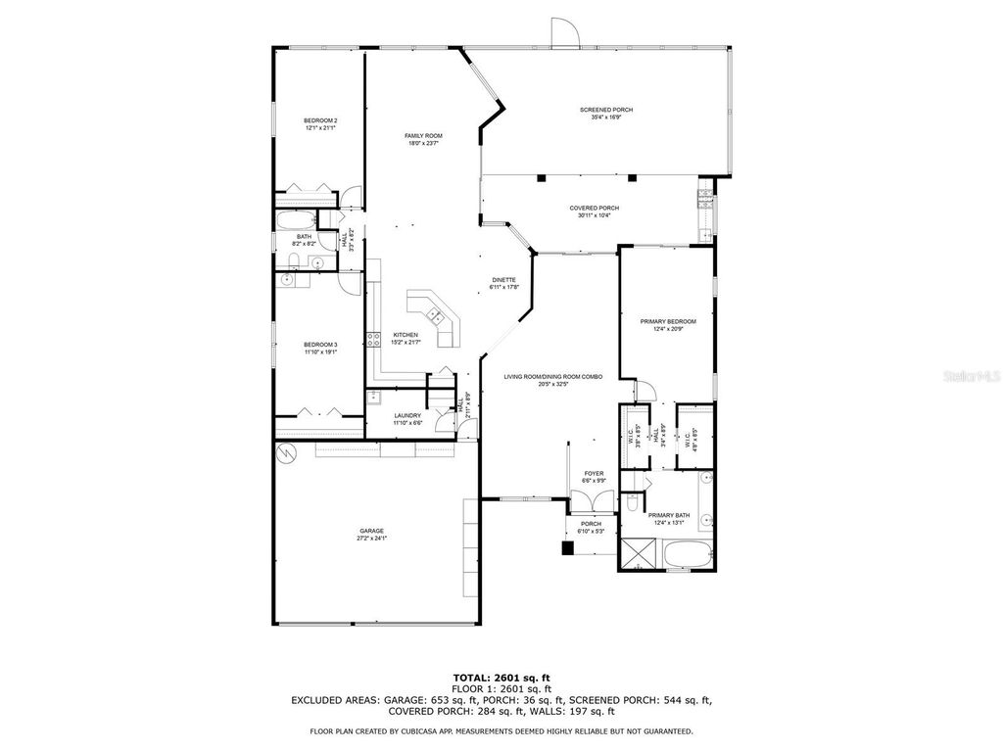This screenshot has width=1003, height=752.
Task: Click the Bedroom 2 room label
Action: [x=320, y=120]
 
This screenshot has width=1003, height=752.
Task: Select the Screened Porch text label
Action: [x=605, y=110]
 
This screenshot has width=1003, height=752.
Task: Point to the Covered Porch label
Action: [x=595, y=208]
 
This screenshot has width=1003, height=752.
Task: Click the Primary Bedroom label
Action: [x=668, y=321]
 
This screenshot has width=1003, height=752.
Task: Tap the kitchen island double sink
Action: [x=433, y=315]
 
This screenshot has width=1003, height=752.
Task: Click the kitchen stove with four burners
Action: [x=372, y=341]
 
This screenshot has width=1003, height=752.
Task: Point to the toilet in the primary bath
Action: [x=632, y=503]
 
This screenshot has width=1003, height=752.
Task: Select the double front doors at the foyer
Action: [x=593, y=499]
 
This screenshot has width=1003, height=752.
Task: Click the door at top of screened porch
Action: [x=563, y=33]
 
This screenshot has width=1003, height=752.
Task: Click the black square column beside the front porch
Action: [x=566, y=548]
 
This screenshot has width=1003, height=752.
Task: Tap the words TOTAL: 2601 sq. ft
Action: [x=501, y=677]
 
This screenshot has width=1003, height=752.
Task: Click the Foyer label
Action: [x=594, y=474]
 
